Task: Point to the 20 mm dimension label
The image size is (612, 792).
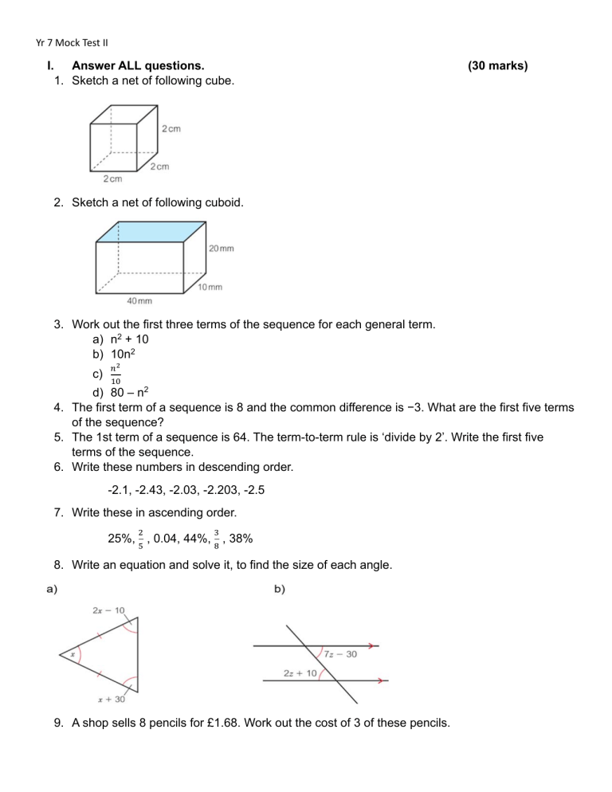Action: coord(222,249)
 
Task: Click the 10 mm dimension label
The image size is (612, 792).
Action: coord(210,286)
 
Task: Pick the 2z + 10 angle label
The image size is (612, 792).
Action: coord(301,673)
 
